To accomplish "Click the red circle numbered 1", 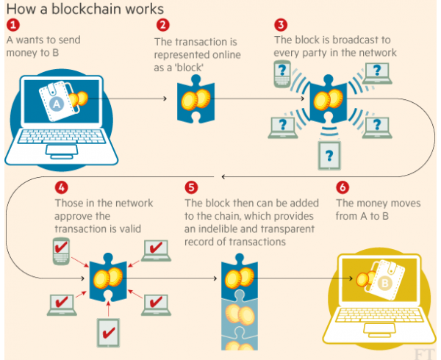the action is pyautogui.click(x=13, y=25).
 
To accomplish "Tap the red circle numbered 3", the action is pyautogui.click(x=281, y=25).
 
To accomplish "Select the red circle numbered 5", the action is pyautogui.click(x=191, y=187).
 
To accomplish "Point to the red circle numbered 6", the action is pyautogui.click(x=343, y=187).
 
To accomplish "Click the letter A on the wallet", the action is pyautogui.click(x=57, y=104).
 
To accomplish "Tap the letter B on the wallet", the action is pyautogui.click(x=384, y=283).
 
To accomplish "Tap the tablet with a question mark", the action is pyautogui.click(x=329, y=156).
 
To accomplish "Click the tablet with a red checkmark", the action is pyautogui.click(x=109, y=333).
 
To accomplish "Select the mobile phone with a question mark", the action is pyautogui.click(x=282, y=74).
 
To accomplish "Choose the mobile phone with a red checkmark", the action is pyautogui.click(x=61, y=251).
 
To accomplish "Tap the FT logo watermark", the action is pyautogui.click(x=424, y=354).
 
